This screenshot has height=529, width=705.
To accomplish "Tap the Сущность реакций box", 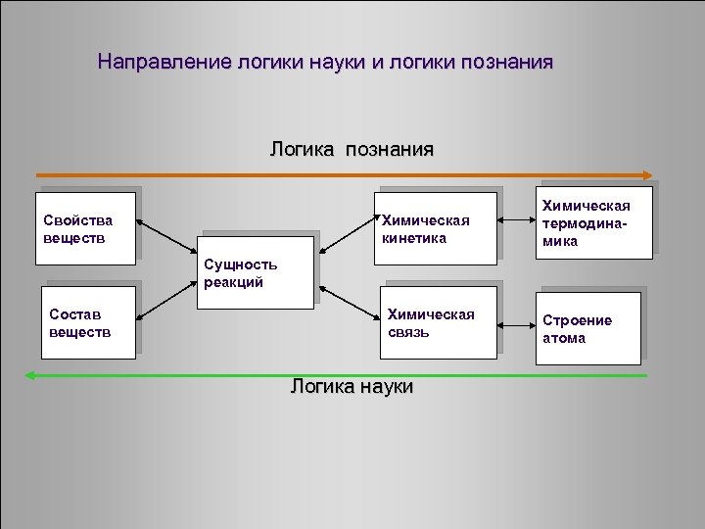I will pyautogui.click(x=258, y=272).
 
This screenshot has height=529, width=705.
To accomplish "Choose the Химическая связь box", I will pyautogui.click(x=440, y=321).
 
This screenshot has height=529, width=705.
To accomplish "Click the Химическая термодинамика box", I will pyautogui.click(x=593, y=222).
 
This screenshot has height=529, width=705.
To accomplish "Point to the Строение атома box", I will pyautogui.click(x=593, y=329).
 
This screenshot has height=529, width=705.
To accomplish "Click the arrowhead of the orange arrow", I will pyautogui.click(x=647, y=175).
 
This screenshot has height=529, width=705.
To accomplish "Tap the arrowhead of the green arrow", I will pyautogui.click(x=30, y=375).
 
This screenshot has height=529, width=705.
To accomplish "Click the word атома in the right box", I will pyautogui.click(x=564, y=339).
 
